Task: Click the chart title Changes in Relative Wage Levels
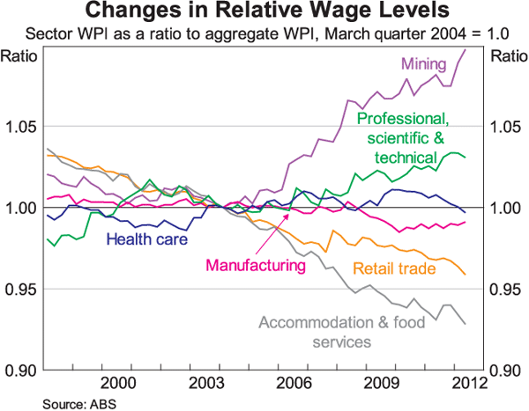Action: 264,12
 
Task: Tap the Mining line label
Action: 424,63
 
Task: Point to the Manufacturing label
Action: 251,264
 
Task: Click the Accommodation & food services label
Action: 332,332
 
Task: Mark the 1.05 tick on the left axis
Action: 21,127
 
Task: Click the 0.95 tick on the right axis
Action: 507,289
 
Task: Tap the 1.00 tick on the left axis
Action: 21,208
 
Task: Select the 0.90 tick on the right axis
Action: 507,370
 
